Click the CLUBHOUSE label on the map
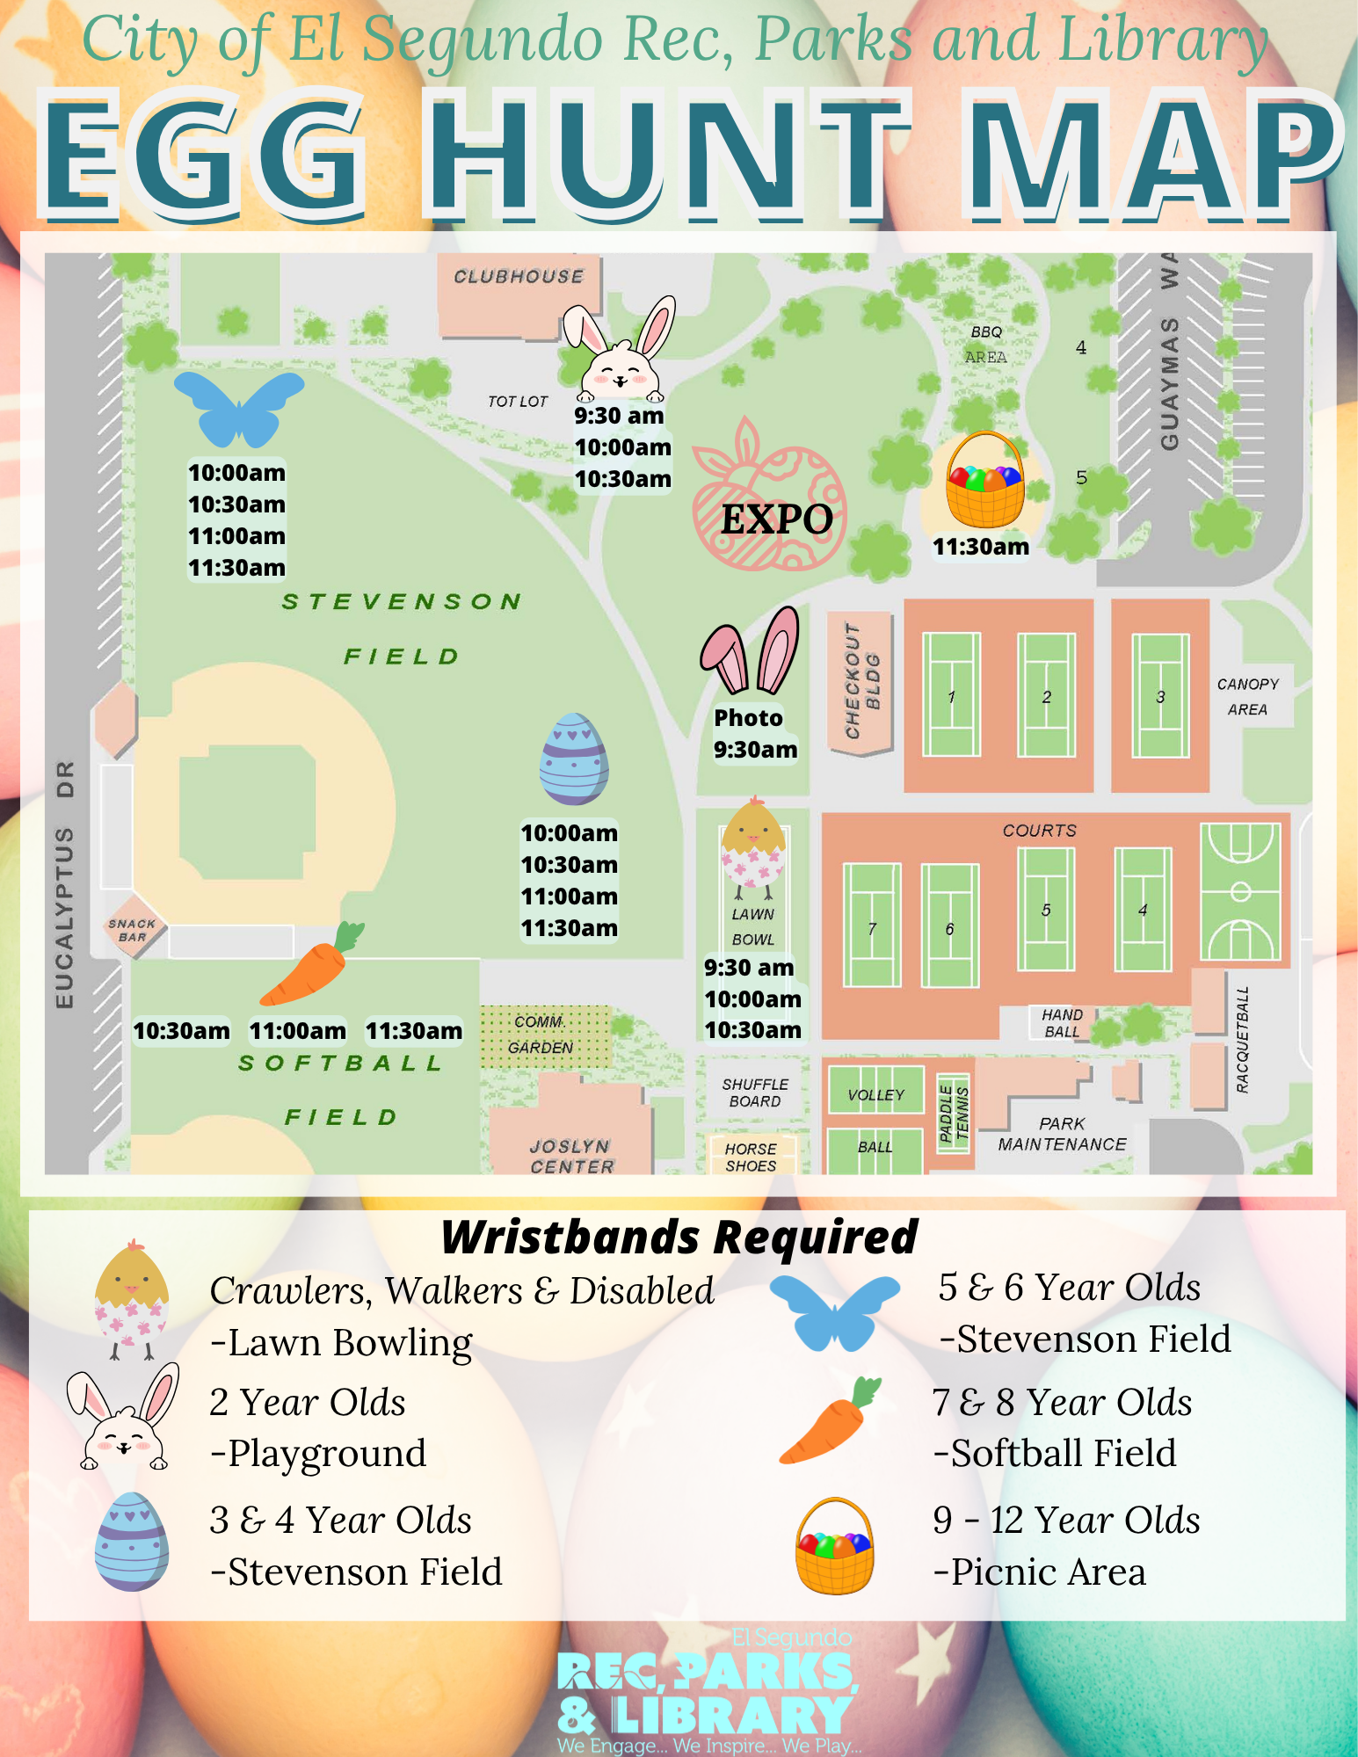(519, 276)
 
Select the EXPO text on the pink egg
(777, 519)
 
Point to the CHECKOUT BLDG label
(861, 682)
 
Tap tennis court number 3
(1160, 696)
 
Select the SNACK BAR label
(132, 930)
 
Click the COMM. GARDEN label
(540, 1035)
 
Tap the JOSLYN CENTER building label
(571, 1156)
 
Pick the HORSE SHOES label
(751, 1157)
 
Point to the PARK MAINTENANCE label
(1062, 1134)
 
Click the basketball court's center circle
(1240, 892)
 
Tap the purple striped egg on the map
(574, 759)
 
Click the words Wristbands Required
(679, 1237)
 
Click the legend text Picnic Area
(1048, 1572)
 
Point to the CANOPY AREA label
(1247, 696)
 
